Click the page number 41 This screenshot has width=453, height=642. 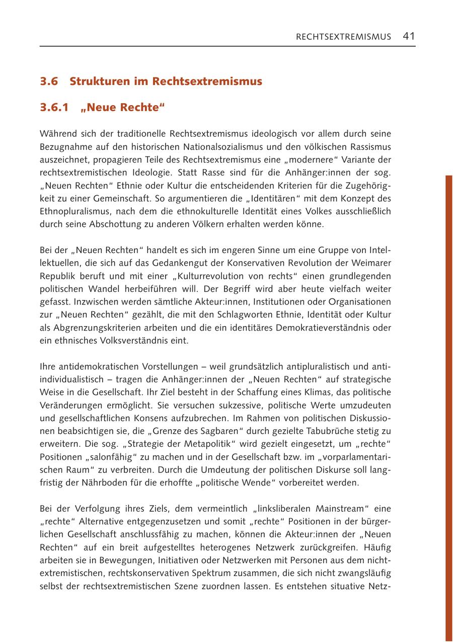pyautogui.click(x=409, y=36)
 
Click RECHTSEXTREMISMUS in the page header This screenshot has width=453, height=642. pyautogui.click(x=343, y=37)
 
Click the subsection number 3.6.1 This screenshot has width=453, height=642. pyautogui.click(x=54, y=108)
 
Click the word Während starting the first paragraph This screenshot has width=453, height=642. pyautogui.click(x=56, y=134)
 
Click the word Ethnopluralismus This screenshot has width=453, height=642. pyautogui.click(x=74, y=212)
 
